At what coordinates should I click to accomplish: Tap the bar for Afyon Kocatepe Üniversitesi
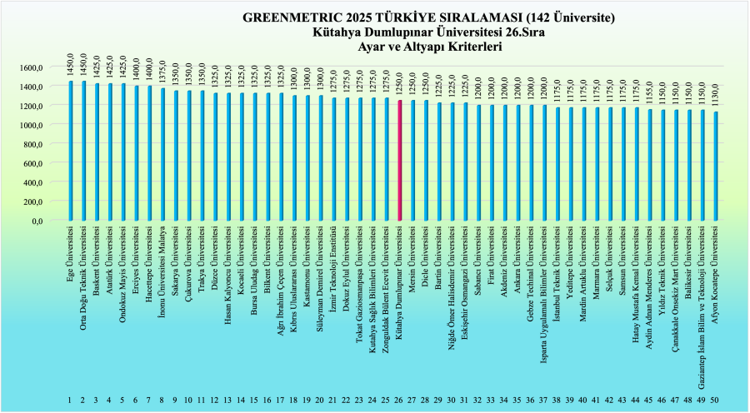pos(714,167)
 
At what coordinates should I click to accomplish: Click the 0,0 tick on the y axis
pos(35,221)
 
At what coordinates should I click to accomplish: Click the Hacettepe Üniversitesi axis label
pos(149,254)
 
